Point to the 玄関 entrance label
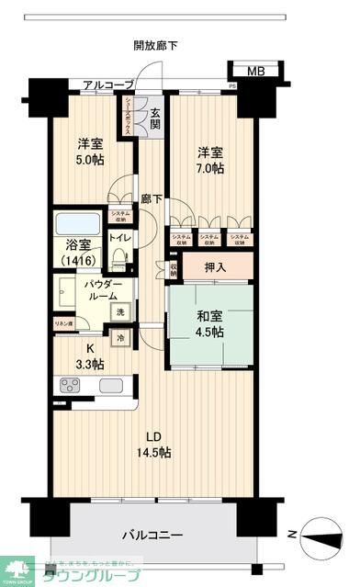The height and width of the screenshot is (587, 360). coord(155,119)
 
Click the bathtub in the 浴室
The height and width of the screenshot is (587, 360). coord(75,225)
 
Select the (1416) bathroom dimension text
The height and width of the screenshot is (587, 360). coord(76,262)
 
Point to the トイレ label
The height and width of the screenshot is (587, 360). coord(120,237)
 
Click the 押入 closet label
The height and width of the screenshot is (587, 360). coord(217,269)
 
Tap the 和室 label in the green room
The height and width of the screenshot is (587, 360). coord(208,318)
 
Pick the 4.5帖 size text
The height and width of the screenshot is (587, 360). coord(208,333)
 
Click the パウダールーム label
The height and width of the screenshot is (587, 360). coord(102,289)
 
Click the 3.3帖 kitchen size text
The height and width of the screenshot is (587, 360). coord(89,365)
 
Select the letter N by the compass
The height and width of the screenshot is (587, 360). coord(291,534)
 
